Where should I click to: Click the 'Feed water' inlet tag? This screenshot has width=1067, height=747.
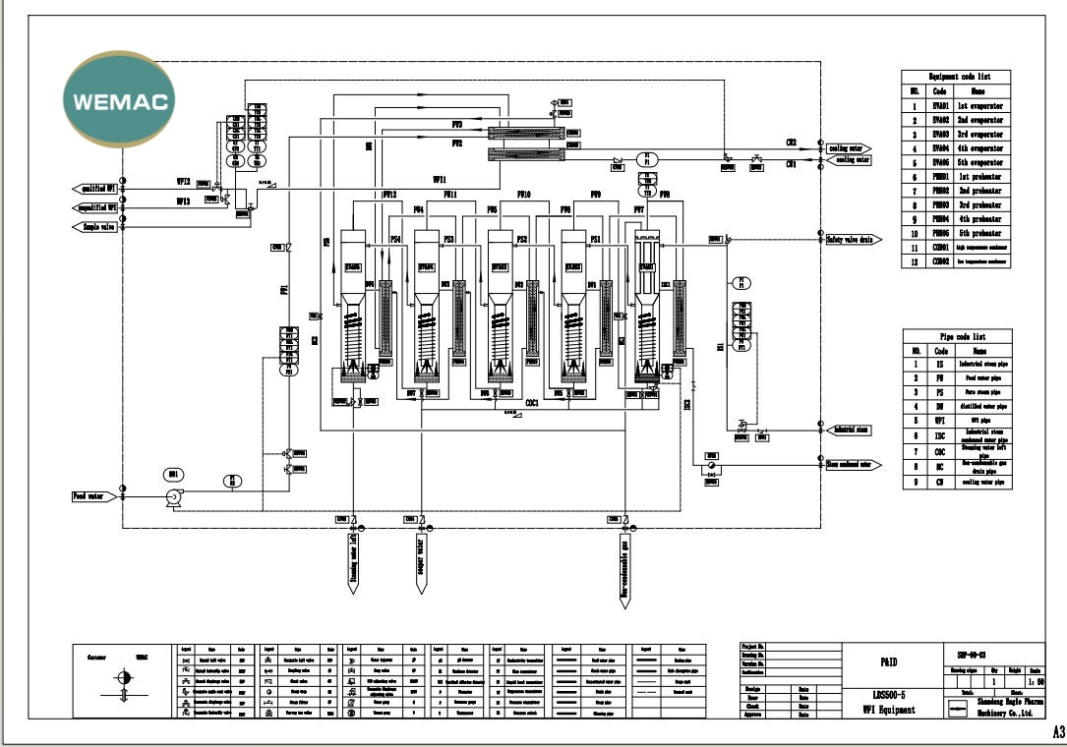coord(93,496)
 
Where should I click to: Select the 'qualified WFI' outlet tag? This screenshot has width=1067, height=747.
coord(95,188)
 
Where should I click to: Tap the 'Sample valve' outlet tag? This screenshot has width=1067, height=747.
coord(95,227)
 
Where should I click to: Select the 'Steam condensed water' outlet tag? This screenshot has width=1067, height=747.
coord(857,465)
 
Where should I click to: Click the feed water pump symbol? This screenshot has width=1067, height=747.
coord(173,498)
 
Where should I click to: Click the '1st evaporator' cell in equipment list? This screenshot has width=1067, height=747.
coord(978,105)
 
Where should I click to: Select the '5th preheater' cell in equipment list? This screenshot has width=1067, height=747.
coord(978,233)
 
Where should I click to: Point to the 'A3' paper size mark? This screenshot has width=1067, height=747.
coord(1057,732)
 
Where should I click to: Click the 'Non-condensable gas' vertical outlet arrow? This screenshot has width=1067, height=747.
coord(624,565)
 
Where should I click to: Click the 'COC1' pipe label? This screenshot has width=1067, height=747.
coord(531,403)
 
